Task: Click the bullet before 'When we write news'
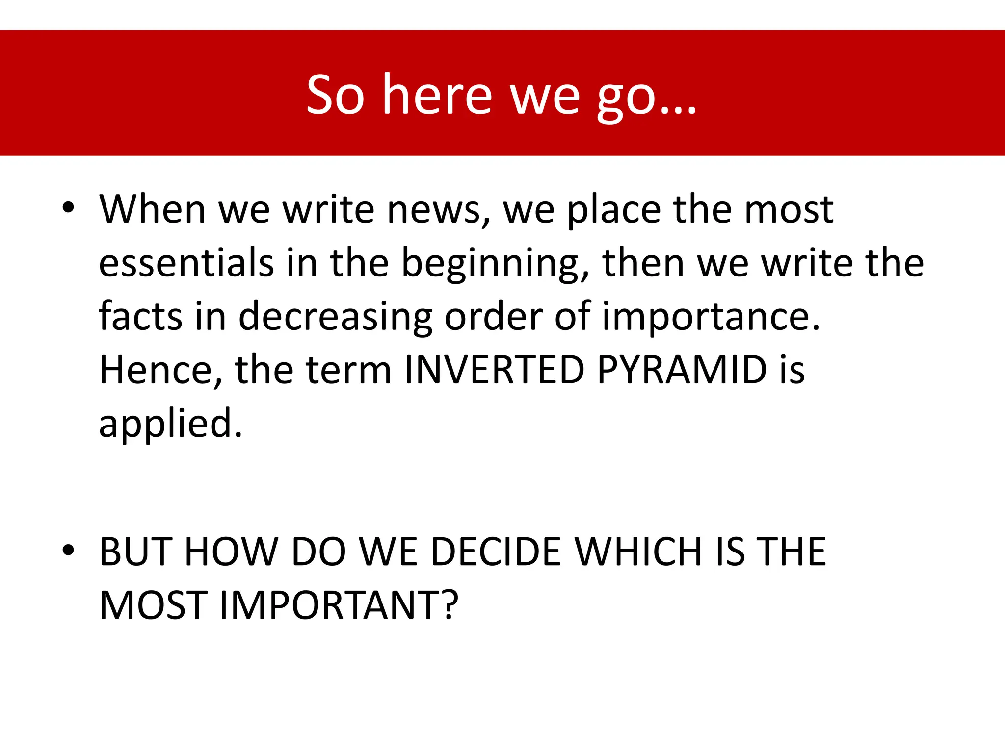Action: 68,208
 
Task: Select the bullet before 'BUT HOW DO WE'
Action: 68,550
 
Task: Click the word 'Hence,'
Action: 160,370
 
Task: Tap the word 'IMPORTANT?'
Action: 339,605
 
